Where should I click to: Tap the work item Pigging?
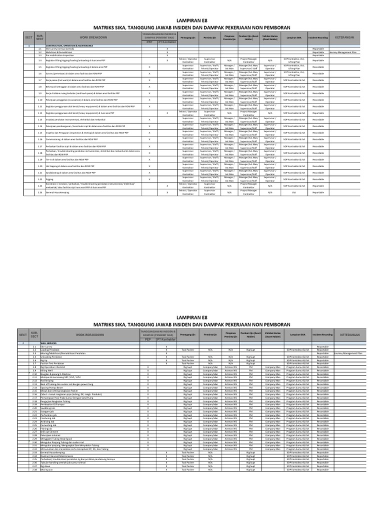[49, 178]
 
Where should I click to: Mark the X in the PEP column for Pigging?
[149, 178]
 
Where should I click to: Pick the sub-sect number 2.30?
[34, 442]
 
